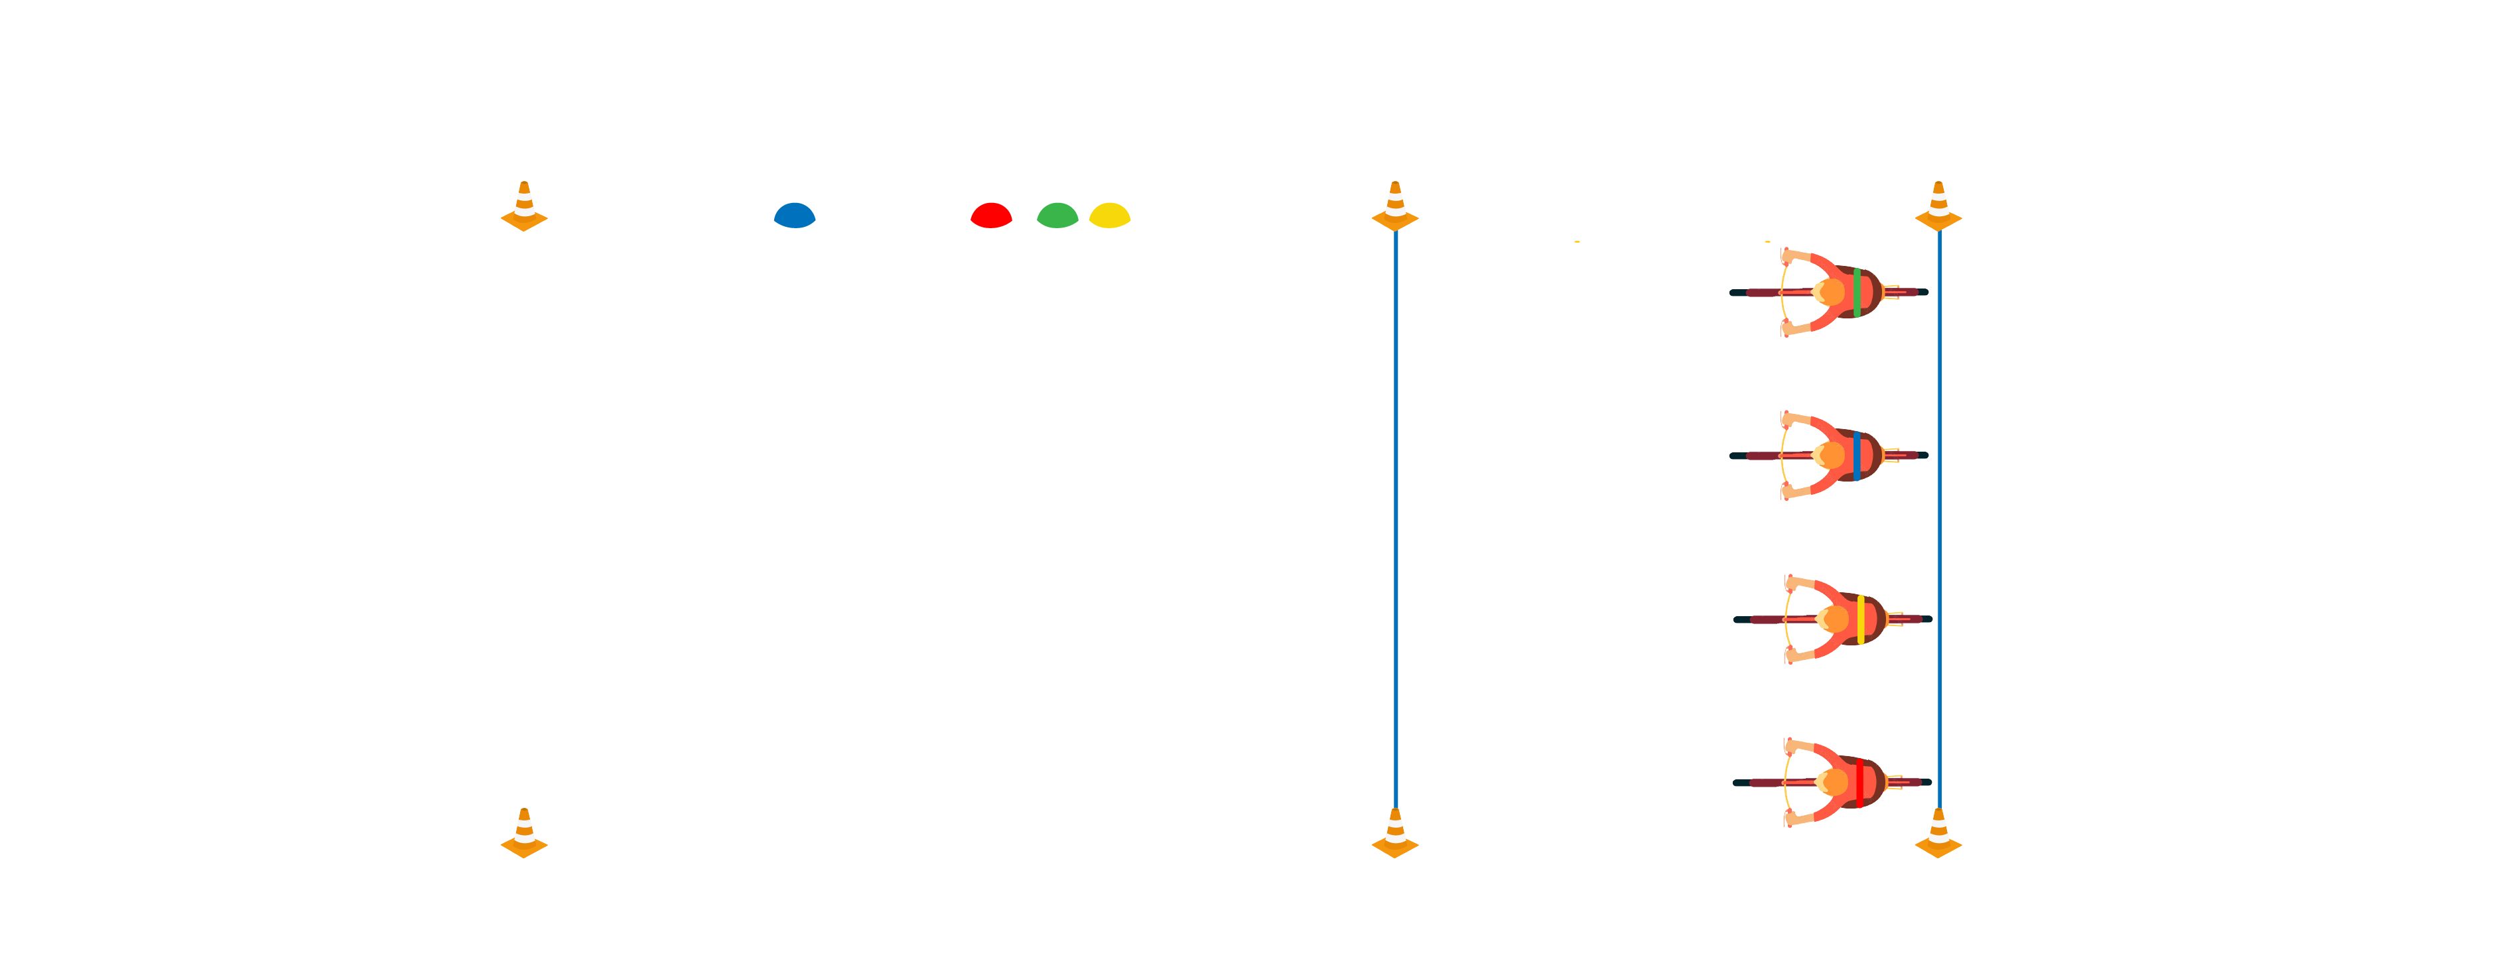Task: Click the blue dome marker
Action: tap(795, 216)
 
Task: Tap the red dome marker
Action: tap(992, 216)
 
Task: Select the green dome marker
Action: tap(1057, 216)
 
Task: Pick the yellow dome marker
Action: tap(1110, 216)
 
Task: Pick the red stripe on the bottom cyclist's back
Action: tap(1859, 782)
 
